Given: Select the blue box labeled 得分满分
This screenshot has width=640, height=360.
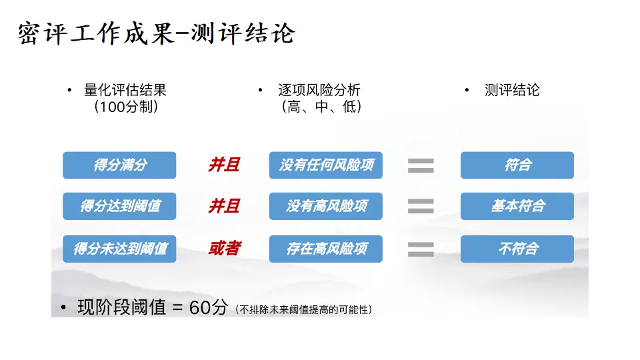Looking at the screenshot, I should coord(119,165).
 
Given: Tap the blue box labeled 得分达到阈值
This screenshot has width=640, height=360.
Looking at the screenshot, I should coord(119,207).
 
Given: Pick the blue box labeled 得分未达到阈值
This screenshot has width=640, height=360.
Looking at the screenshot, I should coord(119,249).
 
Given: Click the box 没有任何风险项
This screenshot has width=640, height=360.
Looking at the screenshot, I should coord(326,165).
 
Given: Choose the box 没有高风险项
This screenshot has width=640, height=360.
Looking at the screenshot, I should coord(326,207).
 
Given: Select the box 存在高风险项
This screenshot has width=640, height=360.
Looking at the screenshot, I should coord(326,249).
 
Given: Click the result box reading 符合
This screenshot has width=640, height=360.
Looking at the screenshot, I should coord(517,165).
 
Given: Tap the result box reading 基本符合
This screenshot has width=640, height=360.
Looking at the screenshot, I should coord(517,207).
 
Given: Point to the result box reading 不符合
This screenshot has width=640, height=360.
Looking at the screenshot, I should coord(517,249).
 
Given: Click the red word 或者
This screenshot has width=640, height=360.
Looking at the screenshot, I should coord(224,249).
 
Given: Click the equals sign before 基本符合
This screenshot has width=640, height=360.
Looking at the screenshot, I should coord(421,207).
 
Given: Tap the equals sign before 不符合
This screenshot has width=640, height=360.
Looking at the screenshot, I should coord(421,249).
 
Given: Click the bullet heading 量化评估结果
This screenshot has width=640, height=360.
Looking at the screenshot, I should coord(125,91).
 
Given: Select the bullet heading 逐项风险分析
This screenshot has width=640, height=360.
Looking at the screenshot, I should coord(319,91).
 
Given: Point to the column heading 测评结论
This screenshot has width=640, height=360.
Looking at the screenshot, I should coord(512,91).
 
